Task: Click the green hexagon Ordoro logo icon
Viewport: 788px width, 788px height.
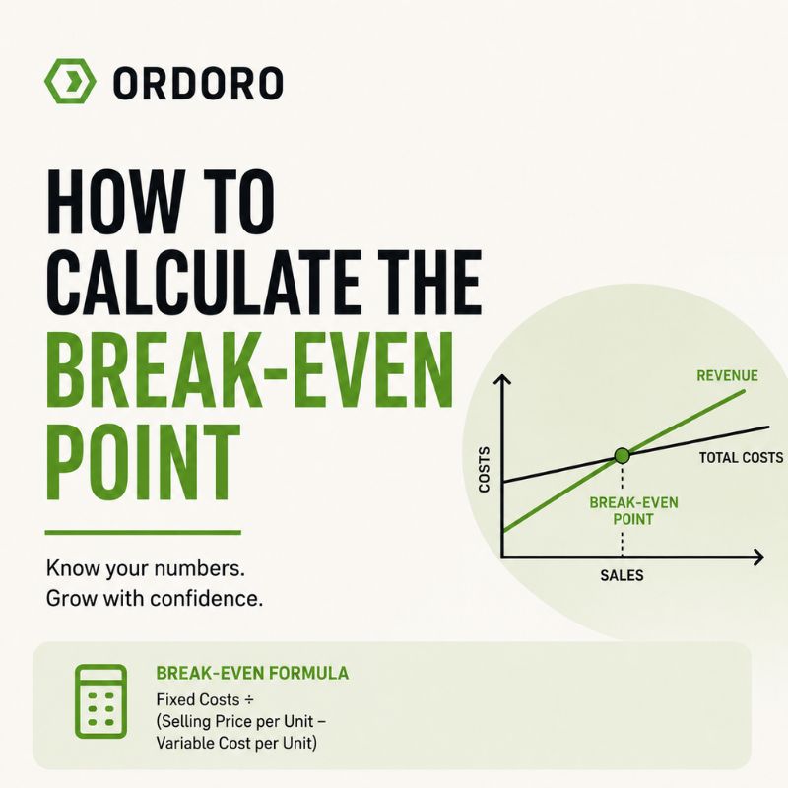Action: point(70,82)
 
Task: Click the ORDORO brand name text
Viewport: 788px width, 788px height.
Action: point(198,83)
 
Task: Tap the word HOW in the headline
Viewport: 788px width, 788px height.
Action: point(114,202)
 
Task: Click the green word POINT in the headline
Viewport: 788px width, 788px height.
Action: point(142,463)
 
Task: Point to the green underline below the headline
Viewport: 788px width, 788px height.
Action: point(143,532)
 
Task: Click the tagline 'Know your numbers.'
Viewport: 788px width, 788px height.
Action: point(146,569)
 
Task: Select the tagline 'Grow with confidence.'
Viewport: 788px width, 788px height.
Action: point(155,599)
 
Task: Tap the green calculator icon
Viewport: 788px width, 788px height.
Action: point(101,701)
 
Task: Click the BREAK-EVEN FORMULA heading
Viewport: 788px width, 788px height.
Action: point(252,673)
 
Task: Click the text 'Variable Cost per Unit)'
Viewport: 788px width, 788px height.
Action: point(236,743)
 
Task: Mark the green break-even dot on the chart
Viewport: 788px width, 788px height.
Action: point(623,456)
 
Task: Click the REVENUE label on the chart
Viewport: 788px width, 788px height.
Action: point(727,376)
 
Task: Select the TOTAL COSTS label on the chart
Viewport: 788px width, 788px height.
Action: point(742,458)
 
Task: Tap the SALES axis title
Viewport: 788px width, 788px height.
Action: point(622,575)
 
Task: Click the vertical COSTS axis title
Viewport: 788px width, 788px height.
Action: point(484,470)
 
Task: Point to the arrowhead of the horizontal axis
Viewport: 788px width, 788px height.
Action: point(758,557)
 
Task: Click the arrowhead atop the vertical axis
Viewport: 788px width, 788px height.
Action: point(501,380)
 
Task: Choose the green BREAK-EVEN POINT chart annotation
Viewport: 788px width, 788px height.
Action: point(633,510)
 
